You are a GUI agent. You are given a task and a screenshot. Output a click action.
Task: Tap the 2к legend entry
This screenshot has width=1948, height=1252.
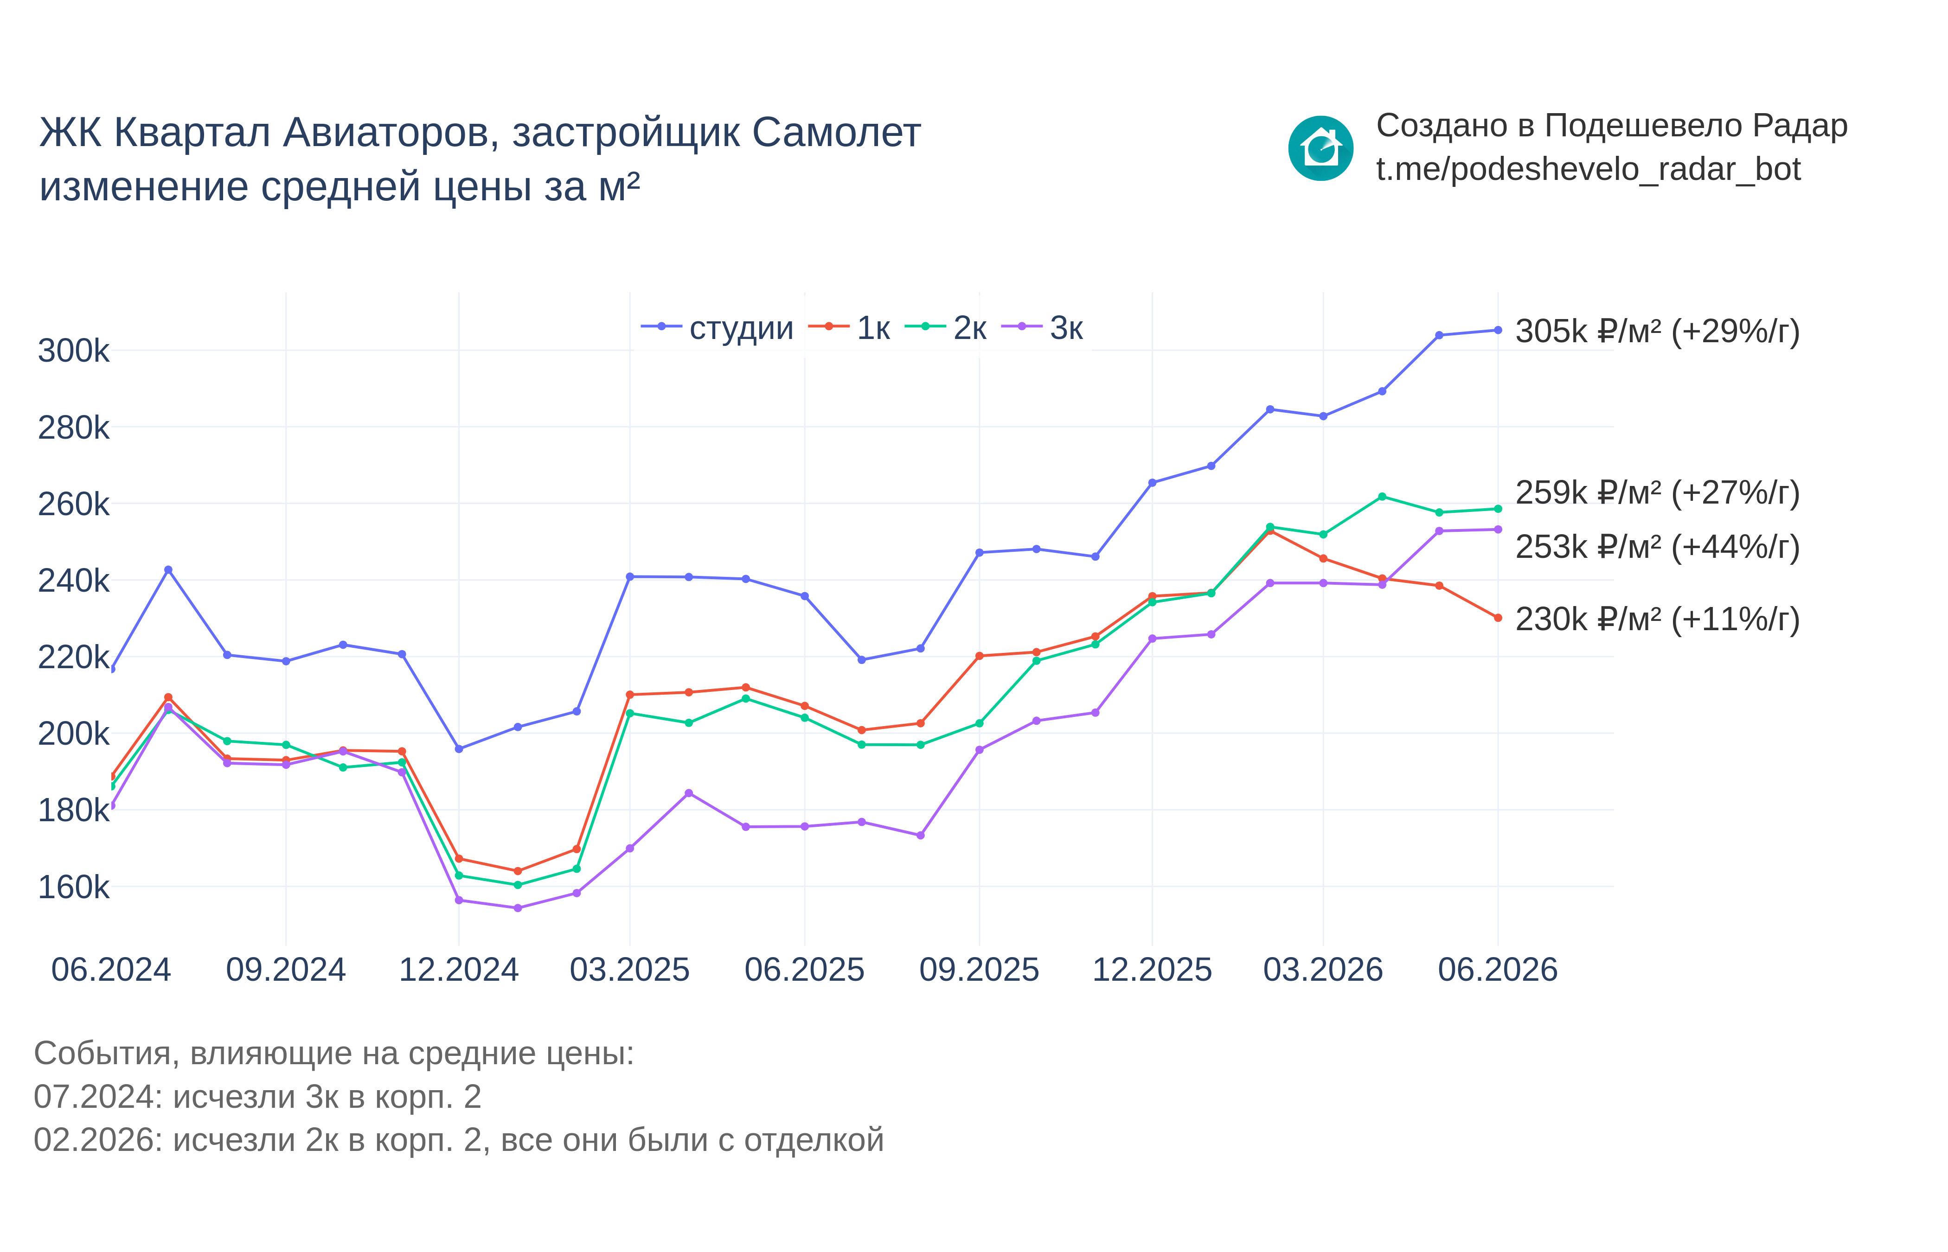(x=946, y=328)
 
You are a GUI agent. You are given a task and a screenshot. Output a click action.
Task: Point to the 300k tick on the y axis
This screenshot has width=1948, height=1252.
(x=73, y=351)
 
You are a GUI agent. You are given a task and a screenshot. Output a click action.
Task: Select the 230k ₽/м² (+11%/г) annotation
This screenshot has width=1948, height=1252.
(x=1657, y=620)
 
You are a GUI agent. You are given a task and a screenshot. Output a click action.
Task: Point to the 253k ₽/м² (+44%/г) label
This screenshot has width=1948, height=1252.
(x=1657, y=547)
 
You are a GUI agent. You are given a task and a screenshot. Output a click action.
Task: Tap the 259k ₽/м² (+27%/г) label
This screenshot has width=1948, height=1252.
(x=1657, y=492)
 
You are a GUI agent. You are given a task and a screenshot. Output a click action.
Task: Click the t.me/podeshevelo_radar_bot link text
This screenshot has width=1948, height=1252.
(x=1588, y=170)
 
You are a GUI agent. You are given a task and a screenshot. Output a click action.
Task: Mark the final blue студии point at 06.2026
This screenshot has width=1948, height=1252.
(x=1498, y=330)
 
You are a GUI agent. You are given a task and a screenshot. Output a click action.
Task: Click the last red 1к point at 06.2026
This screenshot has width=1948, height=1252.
(x=1498, y=618)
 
